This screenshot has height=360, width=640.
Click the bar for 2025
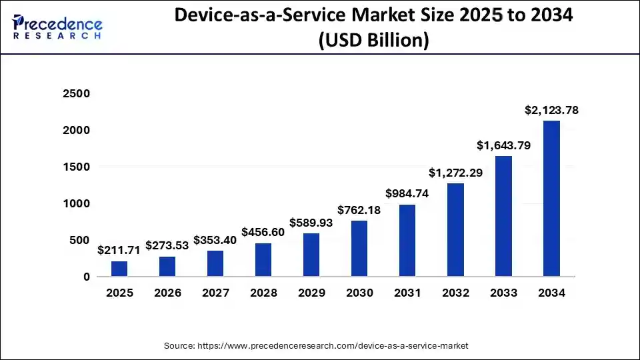(x=119, y=269)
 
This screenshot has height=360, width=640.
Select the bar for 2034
(x=551, y=199)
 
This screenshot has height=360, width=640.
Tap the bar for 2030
(x=359, y=249)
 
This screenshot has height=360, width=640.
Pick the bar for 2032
(x=455, y=230)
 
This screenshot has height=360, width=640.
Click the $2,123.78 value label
(x=551, y=111)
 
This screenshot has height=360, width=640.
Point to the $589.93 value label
(x=311, y=222)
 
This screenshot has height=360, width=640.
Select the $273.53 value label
(x=167, y=245)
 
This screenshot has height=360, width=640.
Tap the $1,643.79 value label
(x=503, y=145)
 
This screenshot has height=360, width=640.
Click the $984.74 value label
(x=407, y=193)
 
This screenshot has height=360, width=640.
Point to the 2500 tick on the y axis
(x=76, y=94)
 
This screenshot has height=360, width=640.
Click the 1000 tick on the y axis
(x=76, y=203)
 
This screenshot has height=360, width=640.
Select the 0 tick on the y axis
(x=86, y=277)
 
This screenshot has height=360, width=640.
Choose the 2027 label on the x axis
(x=215, y=293)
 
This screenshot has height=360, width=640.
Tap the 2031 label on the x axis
(x=407, y=293)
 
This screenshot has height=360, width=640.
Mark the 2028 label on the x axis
(x=263, y=293)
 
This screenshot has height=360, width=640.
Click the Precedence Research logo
(x=57, y=27)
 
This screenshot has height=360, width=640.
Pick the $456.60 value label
(x=263, y=231)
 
